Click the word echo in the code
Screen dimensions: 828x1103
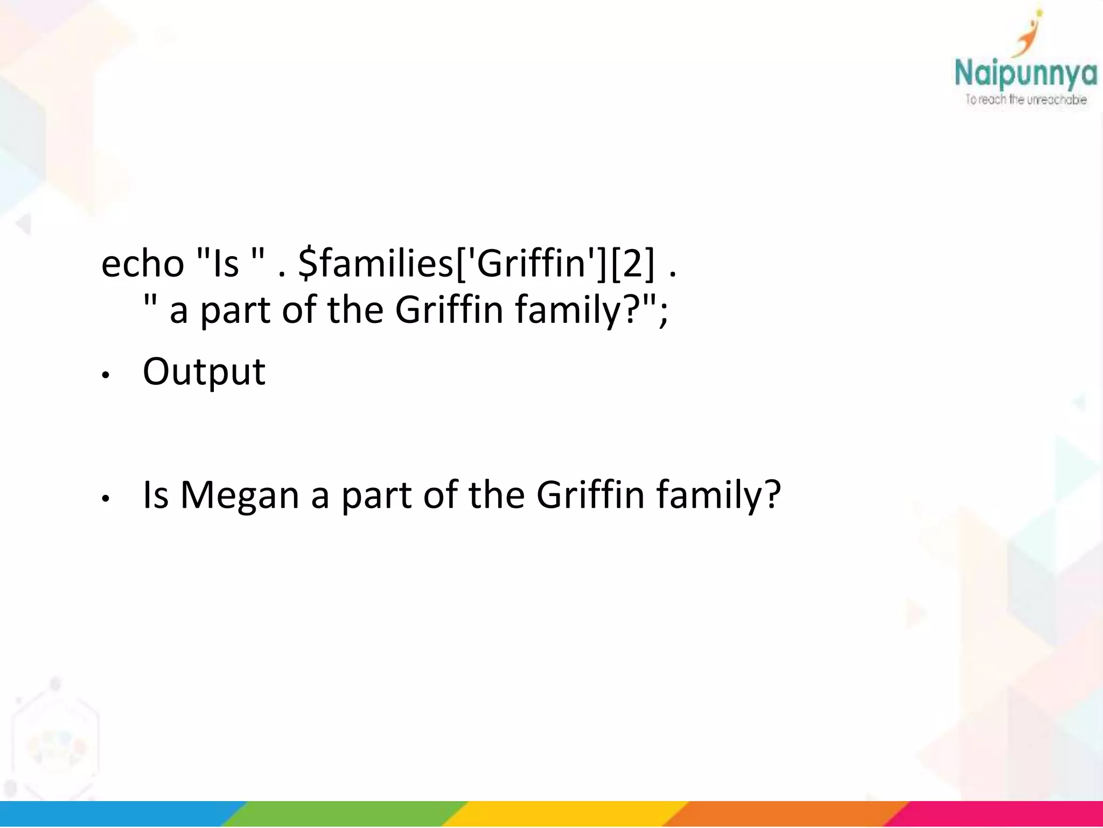(x=143, y=264)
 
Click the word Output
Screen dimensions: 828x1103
(x=204, y=372)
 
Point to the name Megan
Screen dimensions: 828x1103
(x=239, y=495)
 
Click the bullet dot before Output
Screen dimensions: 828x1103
(x=106, y=376)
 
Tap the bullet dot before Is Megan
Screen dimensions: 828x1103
(x=106, y=499)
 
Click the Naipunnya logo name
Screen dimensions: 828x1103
(x=1025, y=74)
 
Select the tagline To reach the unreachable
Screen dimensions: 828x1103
(x=1025, y=100)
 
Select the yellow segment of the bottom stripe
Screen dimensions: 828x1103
(x=566, y=814)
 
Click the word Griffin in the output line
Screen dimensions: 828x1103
(x=590, y=495)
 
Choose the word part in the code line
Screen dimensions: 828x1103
(x=235, y=312)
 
